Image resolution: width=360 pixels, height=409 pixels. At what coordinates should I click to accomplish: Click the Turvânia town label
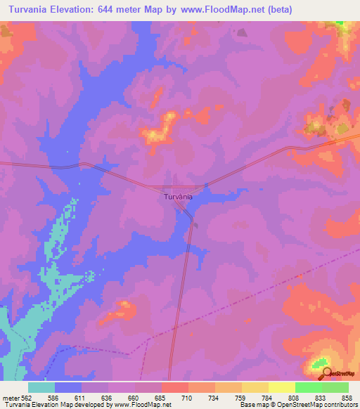point(178,197)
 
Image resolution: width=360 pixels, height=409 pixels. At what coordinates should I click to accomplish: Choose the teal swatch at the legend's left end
point(41,387)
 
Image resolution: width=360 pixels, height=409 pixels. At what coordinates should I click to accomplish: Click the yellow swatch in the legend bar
point(281,387)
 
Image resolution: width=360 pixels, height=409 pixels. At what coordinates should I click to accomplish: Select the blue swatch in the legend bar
point(68,387)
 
